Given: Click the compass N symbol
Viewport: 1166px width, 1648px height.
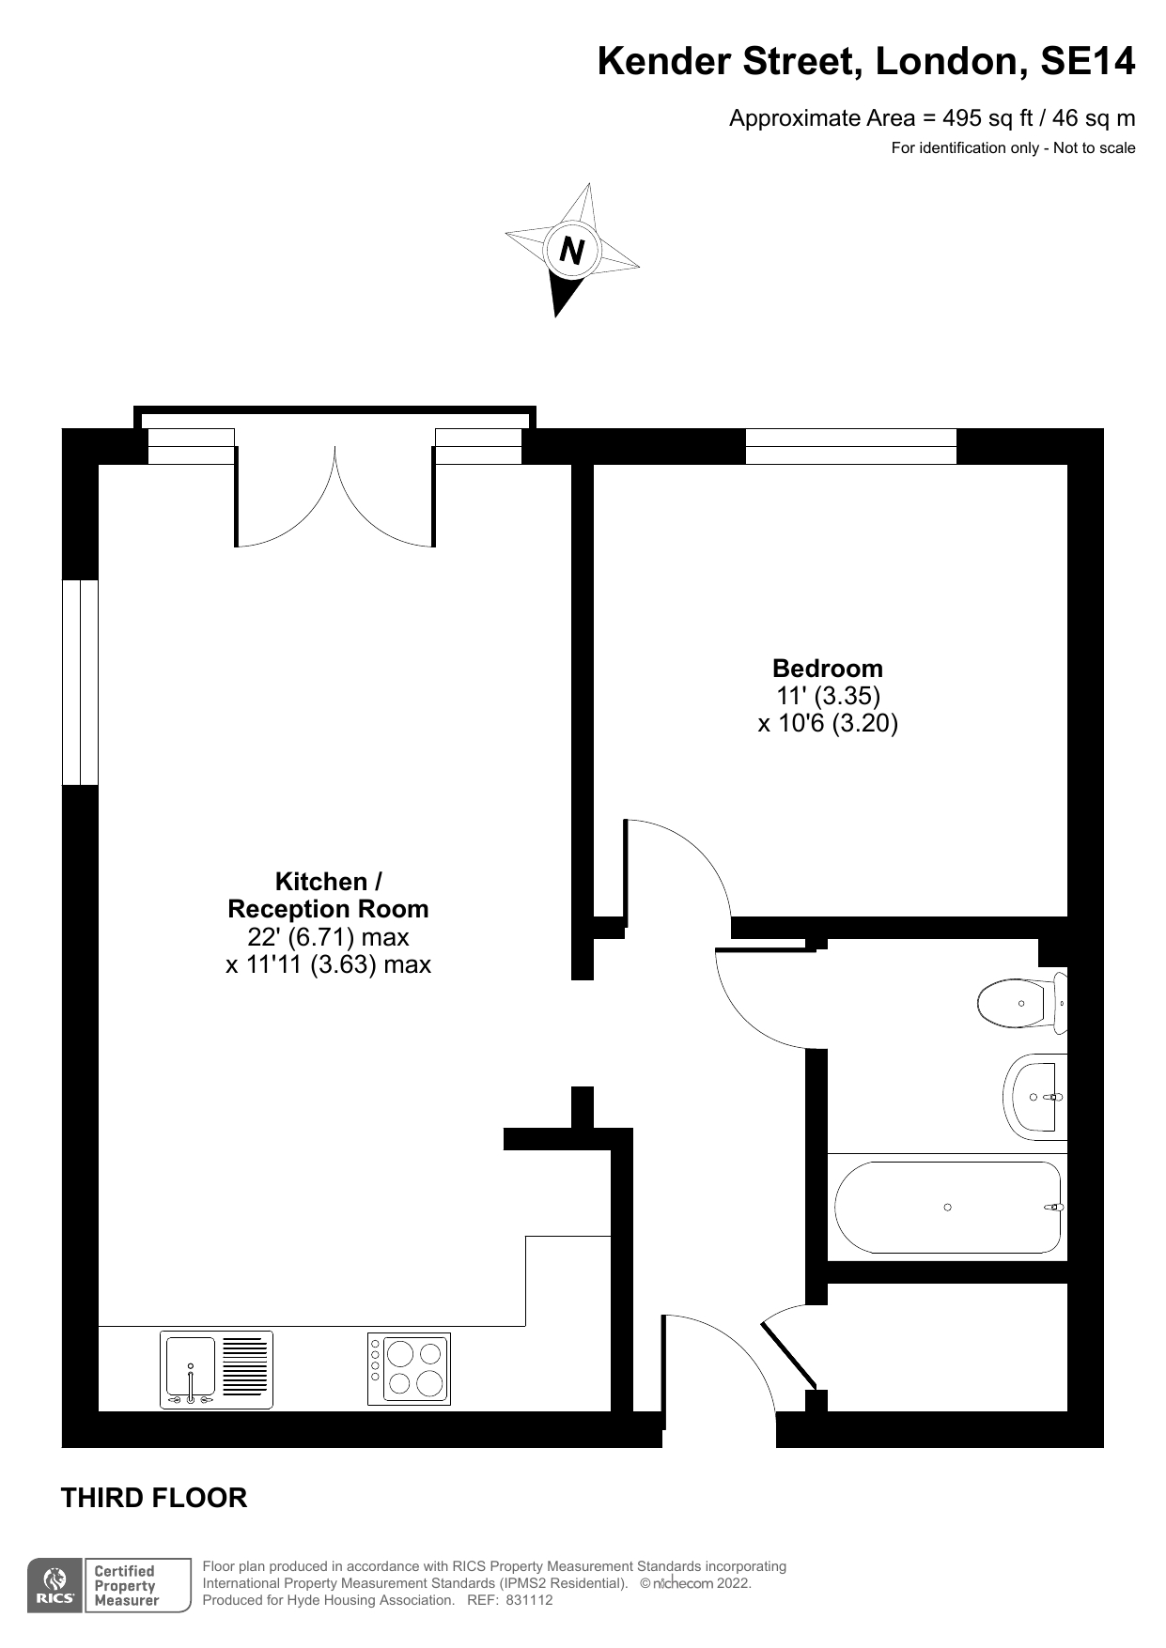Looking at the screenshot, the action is click(571, 251).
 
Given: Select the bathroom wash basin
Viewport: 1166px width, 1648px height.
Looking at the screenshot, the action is click(1035, 1097).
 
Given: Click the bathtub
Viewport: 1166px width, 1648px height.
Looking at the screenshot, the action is click(948, 1208).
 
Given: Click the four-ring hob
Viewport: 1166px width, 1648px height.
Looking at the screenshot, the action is click(409, 1369).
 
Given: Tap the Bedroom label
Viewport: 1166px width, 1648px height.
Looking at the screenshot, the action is click(828, 669).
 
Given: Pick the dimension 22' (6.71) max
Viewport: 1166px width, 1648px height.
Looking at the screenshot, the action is click(329, 937).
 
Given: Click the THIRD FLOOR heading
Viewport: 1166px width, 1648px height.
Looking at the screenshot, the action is click(154, 1498).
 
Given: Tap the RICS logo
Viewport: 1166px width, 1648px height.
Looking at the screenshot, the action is click(55, 1586).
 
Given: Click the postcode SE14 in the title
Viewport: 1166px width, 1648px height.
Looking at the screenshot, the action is click(1088, 62).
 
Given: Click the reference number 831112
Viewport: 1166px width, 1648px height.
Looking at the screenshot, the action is click(530, 1600).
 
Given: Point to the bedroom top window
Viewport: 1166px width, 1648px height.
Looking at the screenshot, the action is click(851, 446).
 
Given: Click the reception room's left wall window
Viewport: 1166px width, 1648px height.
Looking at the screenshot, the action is click(80, 682).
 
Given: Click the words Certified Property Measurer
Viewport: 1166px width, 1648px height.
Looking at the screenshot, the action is click(126, 1586).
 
